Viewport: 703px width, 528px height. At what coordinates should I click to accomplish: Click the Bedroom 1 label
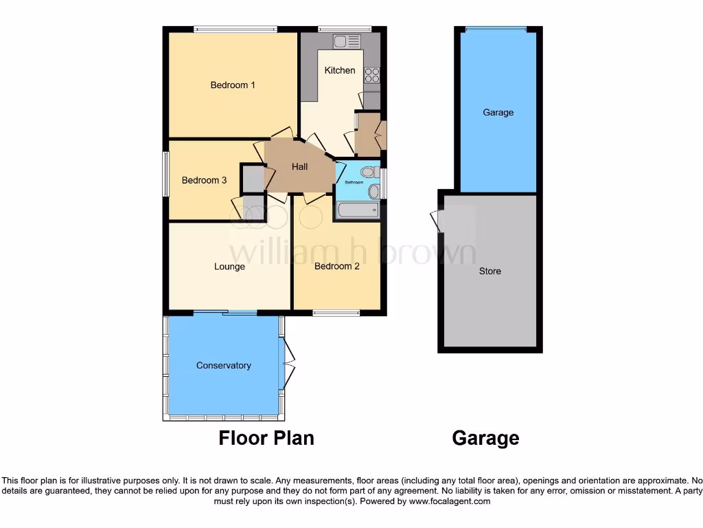pos(233,85)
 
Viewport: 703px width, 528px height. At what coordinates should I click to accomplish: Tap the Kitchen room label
pos(340,70)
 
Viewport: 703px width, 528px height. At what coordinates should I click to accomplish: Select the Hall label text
pos(299,166)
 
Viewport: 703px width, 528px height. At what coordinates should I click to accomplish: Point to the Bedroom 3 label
pos(204,181)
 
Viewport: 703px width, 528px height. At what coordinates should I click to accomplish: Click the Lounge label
pos(229,267)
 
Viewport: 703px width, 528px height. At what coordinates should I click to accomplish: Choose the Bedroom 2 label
pos(336,267)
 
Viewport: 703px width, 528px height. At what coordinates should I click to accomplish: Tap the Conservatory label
pos(224,366)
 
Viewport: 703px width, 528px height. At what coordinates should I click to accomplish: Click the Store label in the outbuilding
pos(490,271)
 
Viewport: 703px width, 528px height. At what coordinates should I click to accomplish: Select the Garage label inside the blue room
pos(498,113)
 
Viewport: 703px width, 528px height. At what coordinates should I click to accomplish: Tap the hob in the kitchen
pos(372,75)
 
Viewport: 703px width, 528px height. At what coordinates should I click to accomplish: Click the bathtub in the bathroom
pos(357,210)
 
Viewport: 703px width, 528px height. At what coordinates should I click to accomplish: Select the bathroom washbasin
pos(373,191)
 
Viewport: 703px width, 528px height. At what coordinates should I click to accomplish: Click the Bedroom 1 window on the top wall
pos(235,29)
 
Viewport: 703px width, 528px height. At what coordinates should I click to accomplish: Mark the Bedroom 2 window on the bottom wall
pos(336,313)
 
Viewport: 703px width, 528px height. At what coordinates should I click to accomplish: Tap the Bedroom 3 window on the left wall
pos(165,174)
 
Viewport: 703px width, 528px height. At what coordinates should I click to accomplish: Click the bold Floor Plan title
pos(266,438)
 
